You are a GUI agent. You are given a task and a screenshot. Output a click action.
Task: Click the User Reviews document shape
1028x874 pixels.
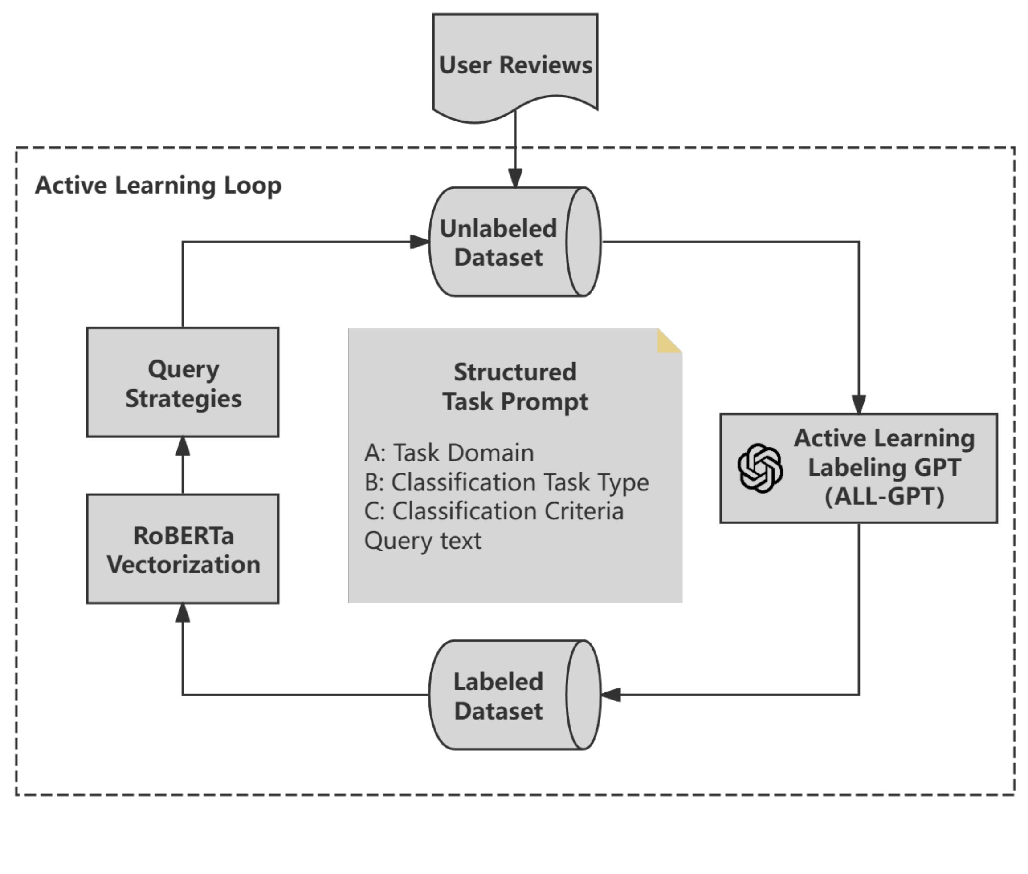[515, 65]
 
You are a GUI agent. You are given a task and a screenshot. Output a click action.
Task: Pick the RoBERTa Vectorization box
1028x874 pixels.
[183, 549]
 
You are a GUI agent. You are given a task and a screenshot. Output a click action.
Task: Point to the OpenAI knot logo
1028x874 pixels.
[760, 468]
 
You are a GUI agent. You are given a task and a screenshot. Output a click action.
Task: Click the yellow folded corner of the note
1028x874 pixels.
[669, 341]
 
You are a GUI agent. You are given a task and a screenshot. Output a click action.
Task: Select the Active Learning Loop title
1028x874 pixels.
[158, 185]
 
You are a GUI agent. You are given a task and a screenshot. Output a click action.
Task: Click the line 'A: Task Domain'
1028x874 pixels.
[449, 453]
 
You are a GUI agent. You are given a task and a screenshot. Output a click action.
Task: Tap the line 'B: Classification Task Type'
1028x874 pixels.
[506, 482]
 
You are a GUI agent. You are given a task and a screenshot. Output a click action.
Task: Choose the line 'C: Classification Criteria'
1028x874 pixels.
[494, 511]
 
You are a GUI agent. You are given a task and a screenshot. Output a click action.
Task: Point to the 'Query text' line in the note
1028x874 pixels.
[423, 540]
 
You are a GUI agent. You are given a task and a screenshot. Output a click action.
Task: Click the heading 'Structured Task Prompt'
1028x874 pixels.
[515, 386]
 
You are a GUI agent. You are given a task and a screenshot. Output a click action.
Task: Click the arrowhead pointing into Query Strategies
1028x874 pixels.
[183, 446]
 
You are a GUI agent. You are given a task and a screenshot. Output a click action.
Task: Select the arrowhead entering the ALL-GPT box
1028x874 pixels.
[858, 404]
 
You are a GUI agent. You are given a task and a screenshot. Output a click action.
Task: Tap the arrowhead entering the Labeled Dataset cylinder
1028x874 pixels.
[611, 695]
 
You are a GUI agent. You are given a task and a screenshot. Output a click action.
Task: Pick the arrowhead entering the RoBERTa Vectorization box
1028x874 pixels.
[183, 612]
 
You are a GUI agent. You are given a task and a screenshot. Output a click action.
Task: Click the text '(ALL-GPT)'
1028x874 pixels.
[884, 496]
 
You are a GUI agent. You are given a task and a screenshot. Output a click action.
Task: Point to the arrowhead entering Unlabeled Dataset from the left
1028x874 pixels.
[420, 242]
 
